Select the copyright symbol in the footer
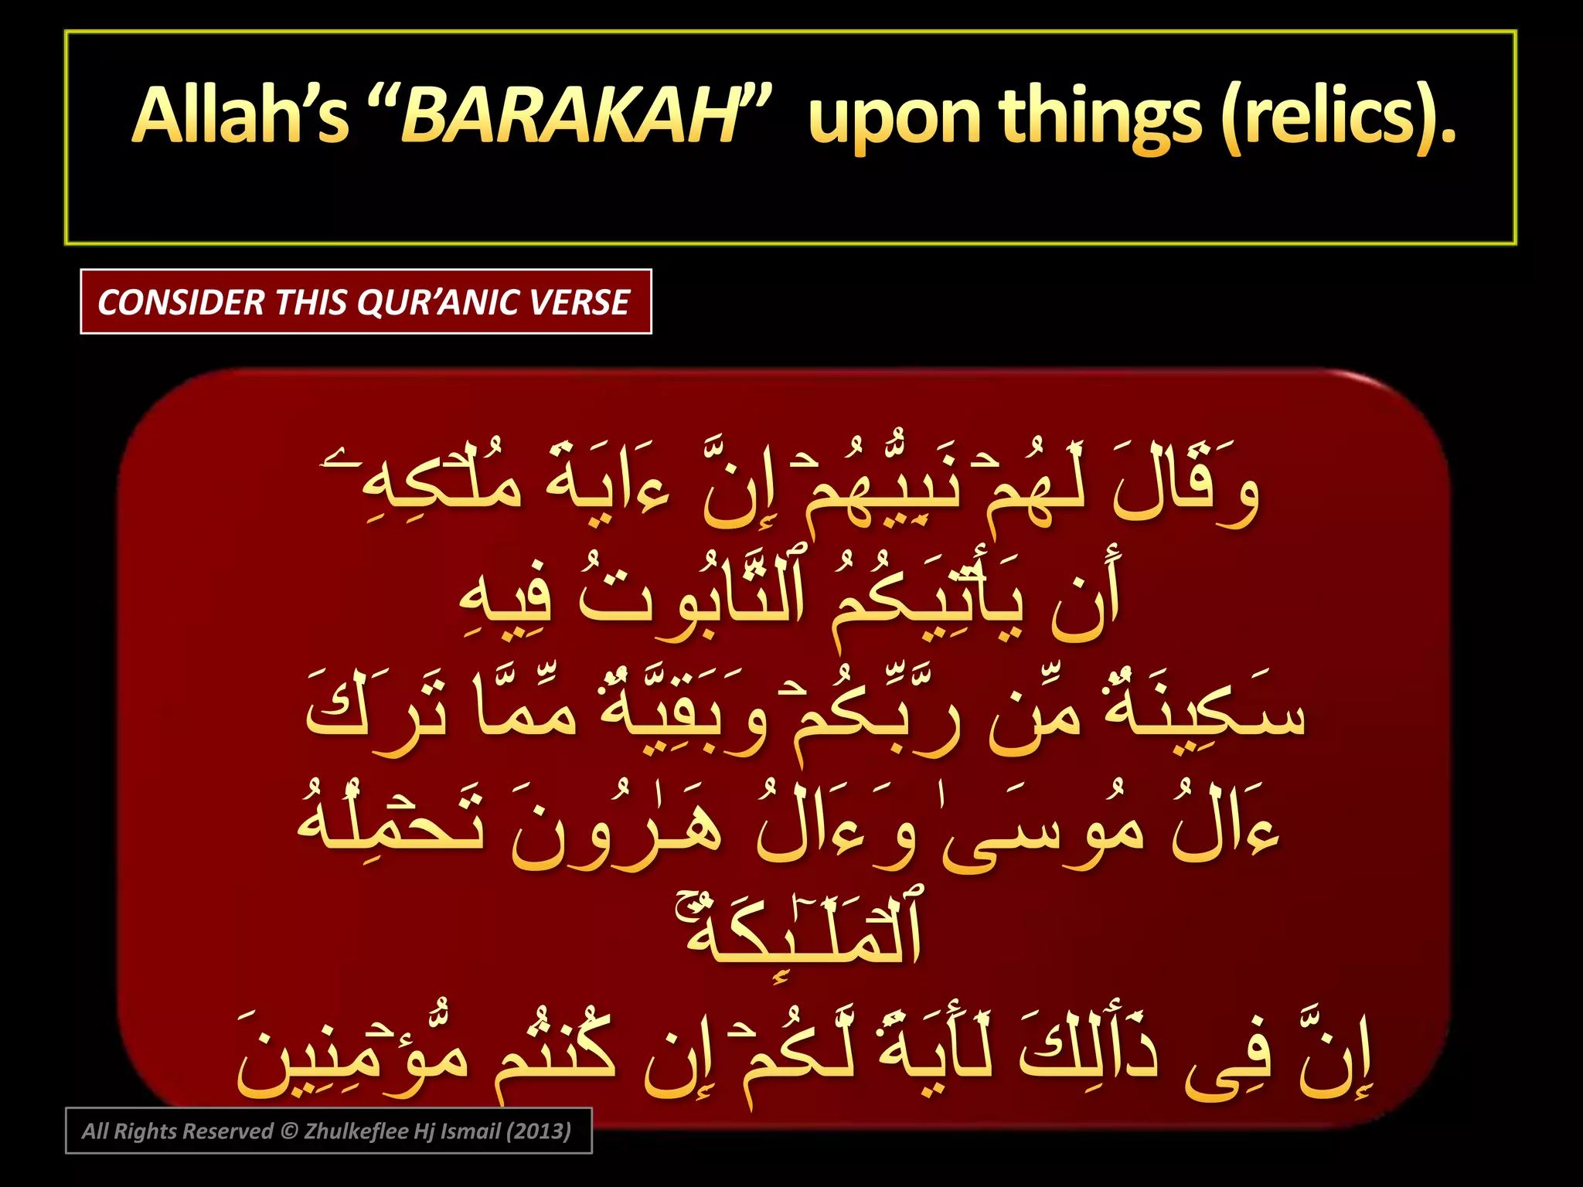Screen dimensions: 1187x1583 click(288, 1131)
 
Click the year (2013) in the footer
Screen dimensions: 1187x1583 click(539, 1131)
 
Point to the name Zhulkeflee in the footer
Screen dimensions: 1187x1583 click(356, 1131)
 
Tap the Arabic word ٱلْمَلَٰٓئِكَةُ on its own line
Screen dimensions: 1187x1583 click(796, 931)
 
